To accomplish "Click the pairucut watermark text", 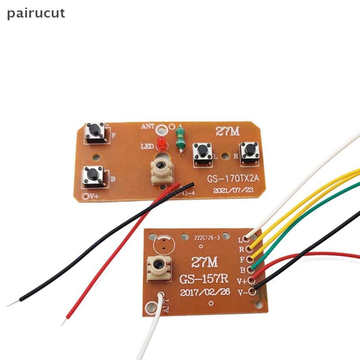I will (36, 13).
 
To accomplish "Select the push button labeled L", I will (202, 153).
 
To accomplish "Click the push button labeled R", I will (249, 153).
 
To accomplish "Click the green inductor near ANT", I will (180, 138).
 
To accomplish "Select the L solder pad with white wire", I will (247, 238).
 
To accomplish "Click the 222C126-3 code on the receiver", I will (207, 238).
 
